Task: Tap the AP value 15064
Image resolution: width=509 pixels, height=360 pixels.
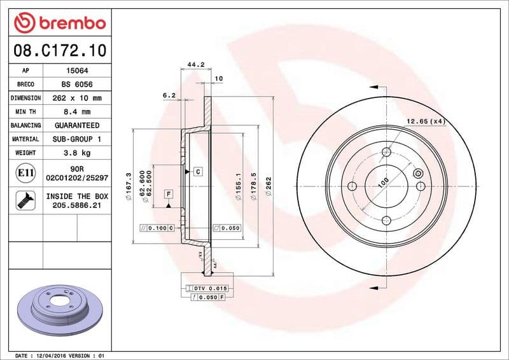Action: click(76, 71)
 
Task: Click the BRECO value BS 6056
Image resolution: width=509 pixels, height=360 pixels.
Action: click(76, 85)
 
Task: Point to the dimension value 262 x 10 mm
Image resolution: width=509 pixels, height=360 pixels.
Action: click(76, 98)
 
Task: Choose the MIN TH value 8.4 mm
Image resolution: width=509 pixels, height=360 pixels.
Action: click(76, 112)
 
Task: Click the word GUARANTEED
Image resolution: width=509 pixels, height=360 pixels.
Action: click(76, 125)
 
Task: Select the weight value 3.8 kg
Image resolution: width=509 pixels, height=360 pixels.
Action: click(76, 153)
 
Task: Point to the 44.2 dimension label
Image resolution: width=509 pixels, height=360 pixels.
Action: click(196, 65)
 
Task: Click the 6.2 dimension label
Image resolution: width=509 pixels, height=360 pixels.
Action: click(169, 95)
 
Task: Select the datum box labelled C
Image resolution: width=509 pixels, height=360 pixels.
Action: click(197, 172)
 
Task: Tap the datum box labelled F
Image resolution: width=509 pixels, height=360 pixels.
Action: click(169, 193)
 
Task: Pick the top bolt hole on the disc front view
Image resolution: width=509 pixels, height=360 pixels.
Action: click(386, 151)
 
